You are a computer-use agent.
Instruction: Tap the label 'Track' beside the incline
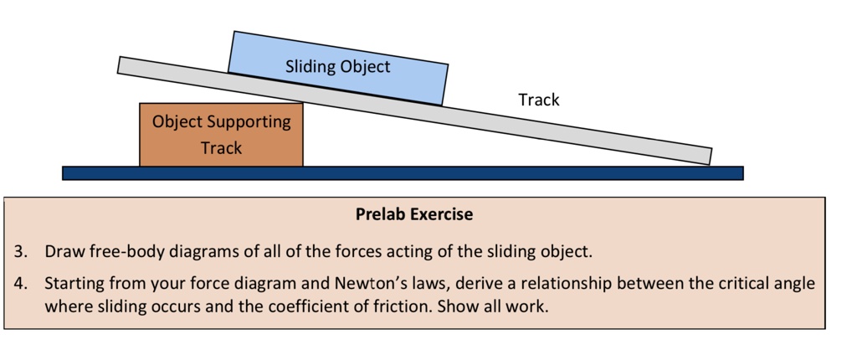538,100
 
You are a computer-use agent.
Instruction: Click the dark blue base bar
402,173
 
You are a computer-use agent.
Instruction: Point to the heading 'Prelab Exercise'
413,214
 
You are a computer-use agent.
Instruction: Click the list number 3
19,251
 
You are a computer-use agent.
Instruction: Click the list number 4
19,283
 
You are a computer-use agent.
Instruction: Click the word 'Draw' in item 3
64,251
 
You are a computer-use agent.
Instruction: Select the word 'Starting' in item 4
74,283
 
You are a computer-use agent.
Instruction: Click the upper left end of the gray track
123,64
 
